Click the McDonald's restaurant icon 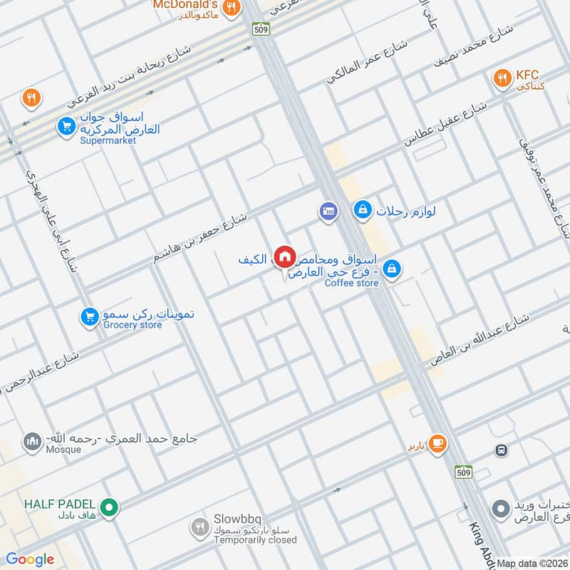tap(230, 8)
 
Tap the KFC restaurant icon tap(502, 79)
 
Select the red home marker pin tap(284, 256)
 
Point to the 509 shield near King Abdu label tap(462, 472)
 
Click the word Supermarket tap(107, 140)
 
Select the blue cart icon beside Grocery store tap(88, 316)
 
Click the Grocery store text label tap(133, 326)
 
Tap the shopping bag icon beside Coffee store tap(390, 269)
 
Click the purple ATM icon tap(328, 212)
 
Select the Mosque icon tap(31, 442)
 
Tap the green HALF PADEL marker tap(108, 507)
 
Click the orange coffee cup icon tap(438, 445)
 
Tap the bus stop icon tap(502, 450)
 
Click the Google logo tap(30, 559)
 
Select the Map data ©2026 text tap(533, 563)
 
